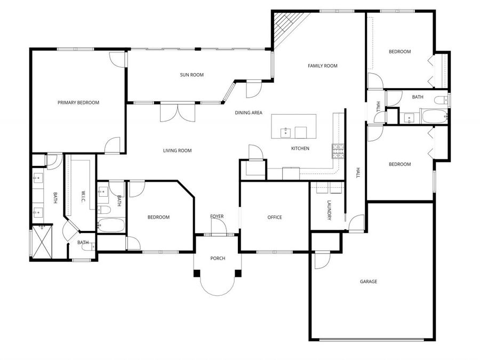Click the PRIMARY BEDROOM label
click(78, 102)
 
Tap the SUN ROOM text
click(192, 75)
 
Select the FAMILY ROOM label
click(323, 66)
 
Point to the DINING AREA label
click(249, 113)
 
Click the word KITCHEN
click(300, 148)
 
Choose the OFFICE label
click(275, 217)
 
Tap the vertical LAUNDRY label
click(330, 210)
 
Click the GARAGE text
click(369, 282)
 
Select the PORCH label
click(218, 258)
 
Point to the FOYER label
click(217, 216)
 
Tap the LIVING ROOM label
click(177, 150)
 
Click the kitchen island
click(293, 126)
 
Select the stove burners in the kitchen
click(337, 152)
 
